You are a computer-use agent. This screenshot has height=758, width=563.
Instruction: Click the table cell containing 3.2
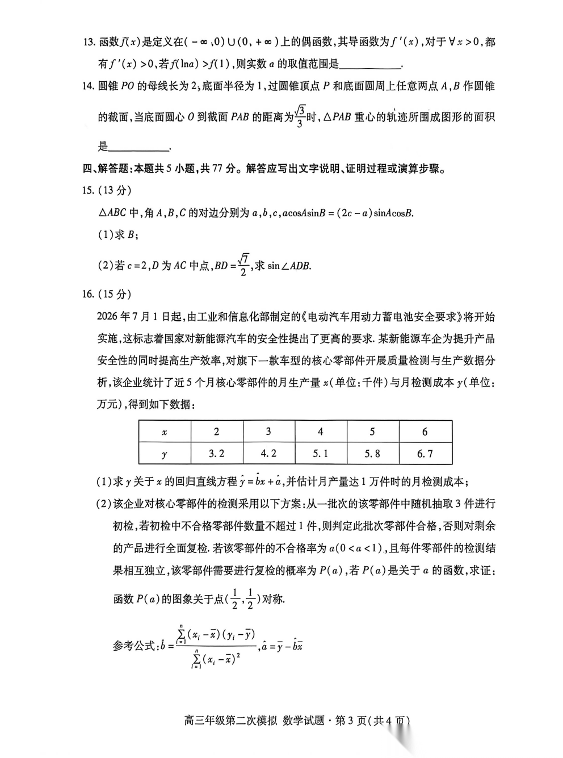click(217, 453)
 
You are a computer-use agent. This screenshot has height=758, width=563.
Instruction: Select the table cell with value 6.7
click(425, 453)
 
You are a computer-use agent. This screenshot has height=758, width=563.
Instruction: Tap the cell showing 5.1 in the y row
click(321, 453)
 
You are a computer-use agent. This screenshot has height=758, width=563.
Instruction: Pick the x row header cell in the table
click(165, 432)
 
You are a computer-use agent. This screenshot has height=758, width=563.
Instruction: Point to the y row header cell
click(165, 454)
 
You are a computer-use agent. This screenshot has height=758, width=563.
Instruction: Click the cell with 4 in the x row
click(321, 432)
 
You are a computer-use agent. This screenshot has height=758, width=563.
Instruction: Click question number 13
click(88, 43)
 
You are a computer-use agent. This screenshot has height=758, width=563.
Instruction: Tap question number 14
click(88, 86)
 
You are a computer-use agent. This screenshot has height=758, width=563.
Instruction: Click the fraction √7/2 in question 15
click(243, 265)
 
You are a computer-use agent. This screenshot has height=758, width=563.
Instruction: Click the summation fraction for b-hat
click(215, 646)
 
